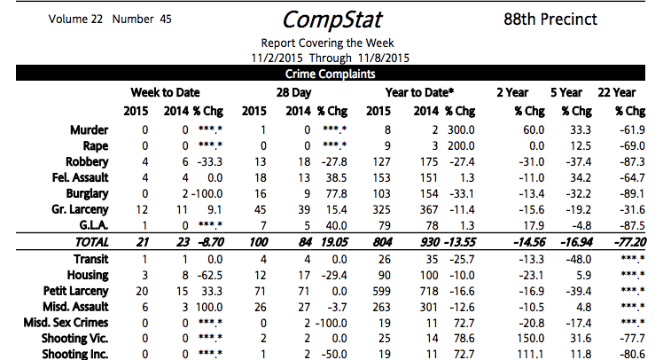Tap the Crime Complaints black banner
[331, 75]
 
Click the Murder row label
[90, 129]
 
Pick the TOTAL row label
[88, 242]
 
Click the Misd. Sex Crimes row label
[64, 322]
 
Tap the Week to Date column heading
[165, 92]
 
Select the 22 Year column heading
[617, 92]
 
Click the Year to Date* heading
[419, 92]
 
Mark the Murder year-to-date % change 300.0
[461, 129]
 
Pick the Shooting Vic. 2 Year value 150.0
[511, 338]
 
